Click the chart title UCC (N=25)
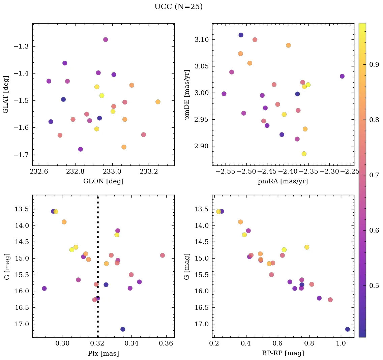click(x=178, y=7)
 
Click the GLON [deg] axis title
click(x=103, y=181)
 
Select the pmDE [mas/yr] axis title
click(x=187, y=94)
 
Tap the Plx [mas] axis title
click(x=103, y=353)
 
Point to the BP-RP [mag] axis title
click(x=283, y=353)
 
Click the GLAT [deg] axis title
click(x=6, y=94)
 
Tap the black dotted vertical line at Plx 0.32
click(x=98, y=236)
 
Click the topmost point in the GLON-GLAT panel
click(x=106, y=39)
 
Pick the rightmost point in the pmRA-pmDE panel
click(x=342, y=76)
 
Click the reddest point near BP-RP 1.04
click(x=348, y=329)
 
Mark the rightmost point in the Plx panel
click(x=163, y=255)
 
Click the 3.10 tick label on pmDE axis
click(x=202, y=40)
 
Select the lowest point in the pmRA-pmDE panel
click(x=304, y=154)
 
